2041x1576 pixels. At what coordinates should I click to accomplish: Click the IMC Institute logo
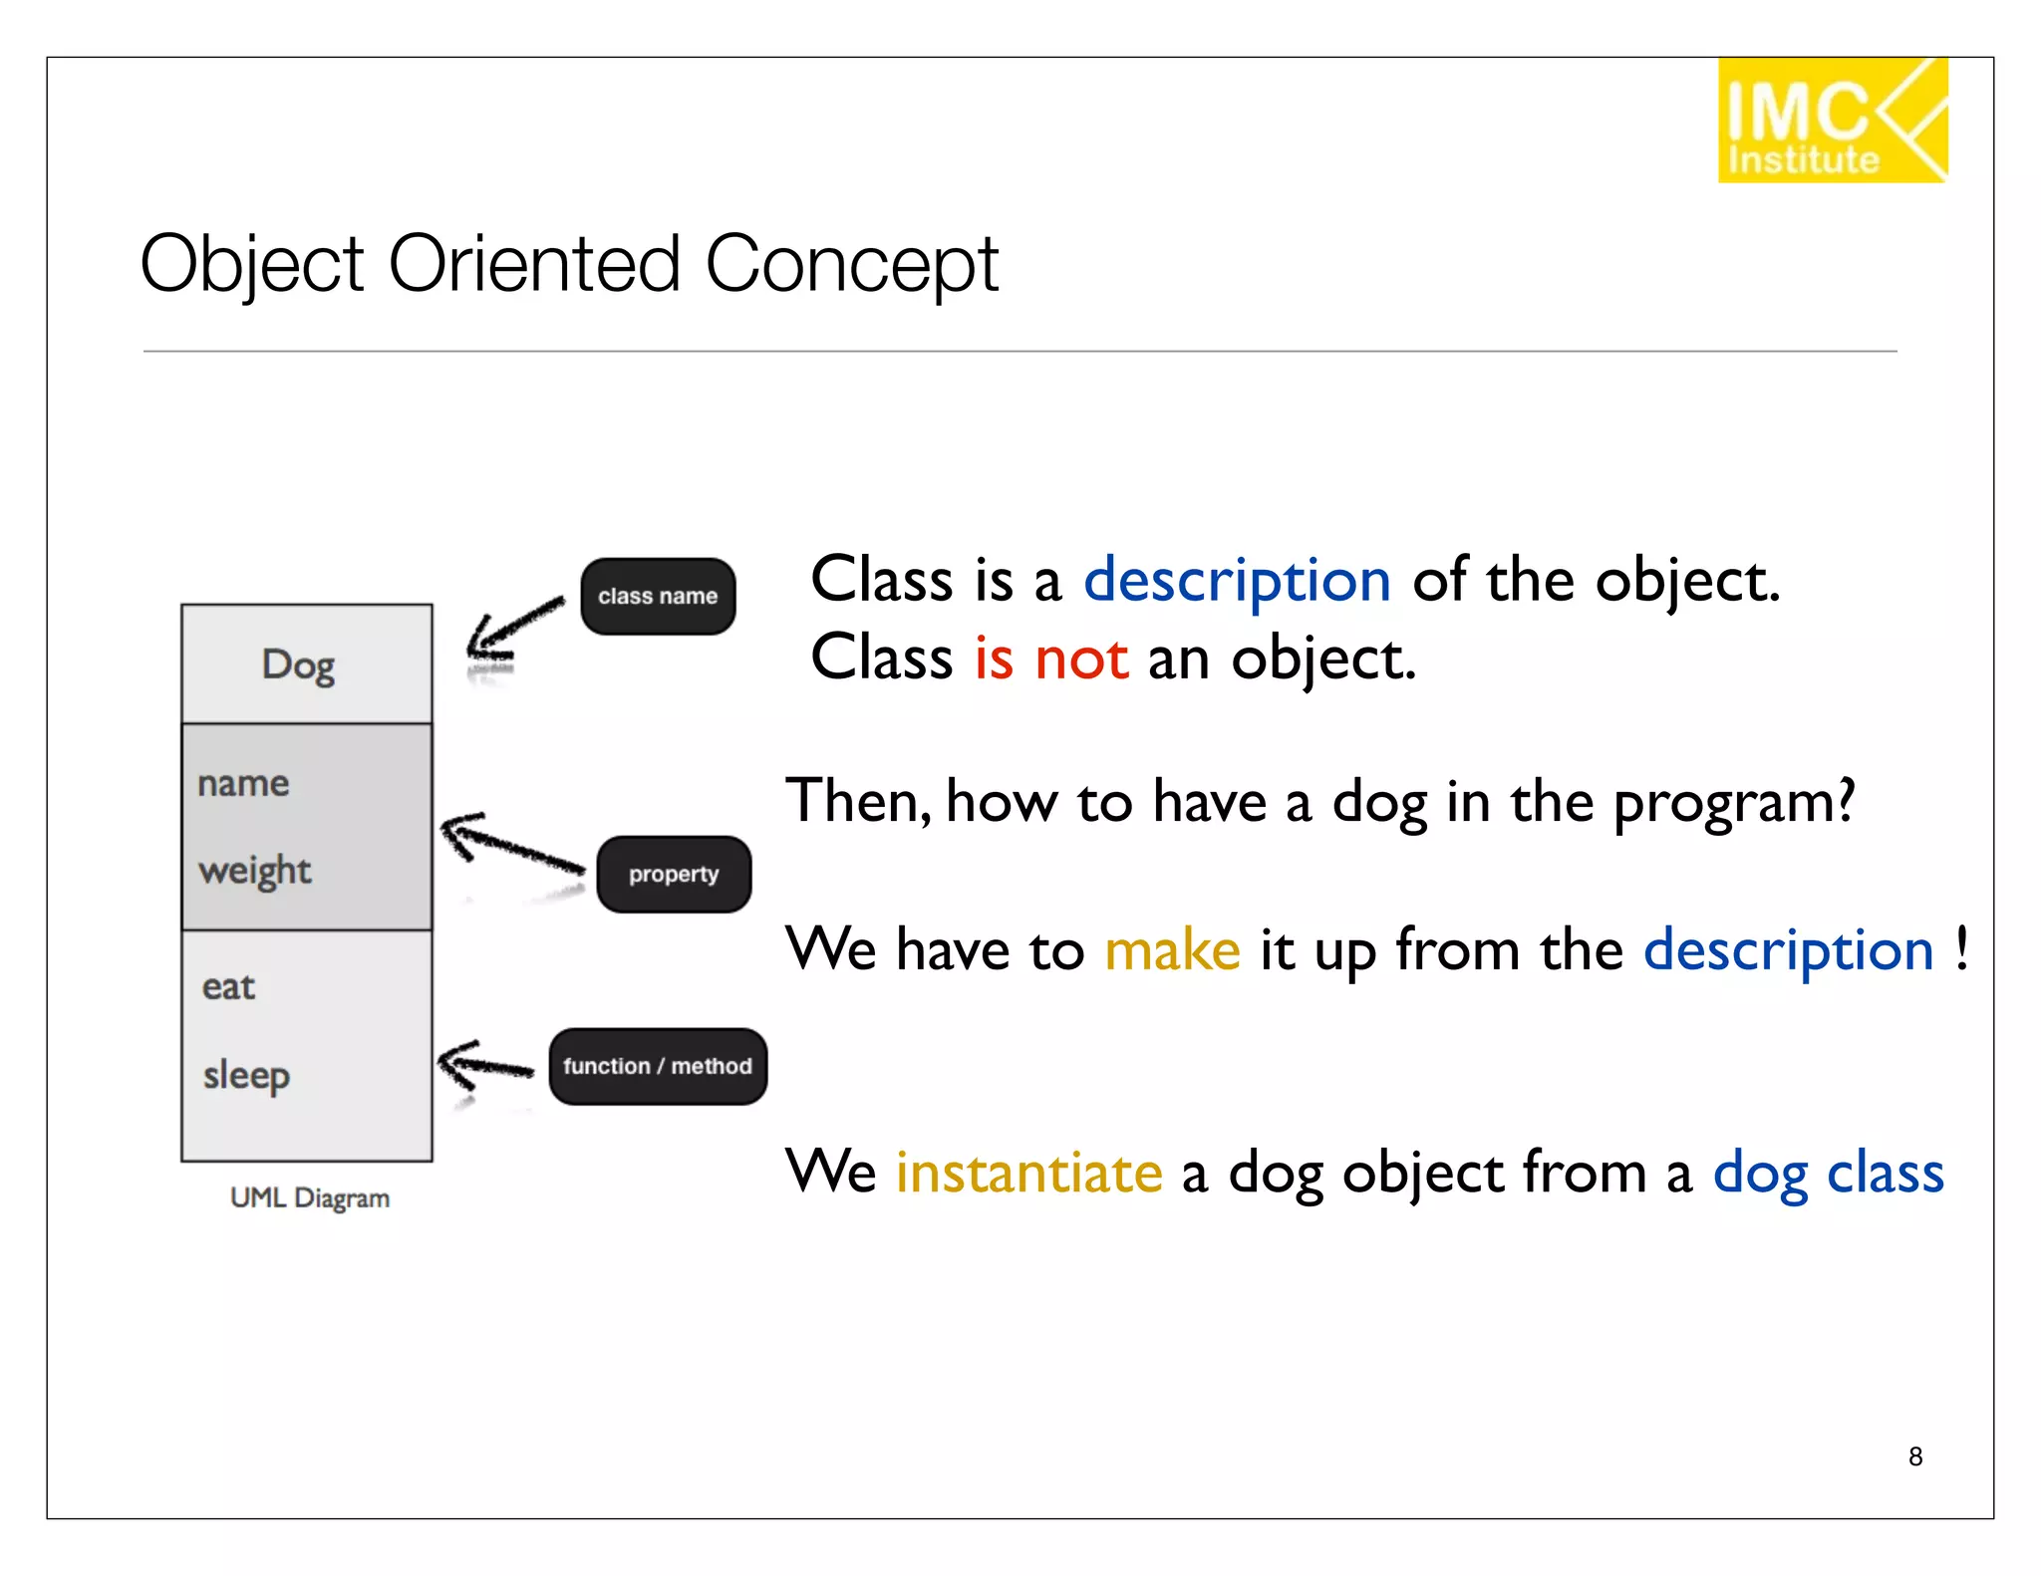point(1831,121)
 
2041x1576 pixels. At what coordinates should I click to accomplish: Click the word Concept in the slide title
point(851,264)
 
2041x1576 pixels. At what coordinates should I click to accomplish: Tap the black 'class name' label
point(658,596)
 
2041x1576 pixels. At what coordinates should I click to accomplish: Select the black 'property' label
point(674,874)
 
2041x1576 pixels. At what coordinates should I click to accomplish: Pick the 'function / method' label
point(658,1066)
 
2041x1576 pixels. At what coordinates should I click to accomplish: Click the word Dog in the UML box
point(298,664)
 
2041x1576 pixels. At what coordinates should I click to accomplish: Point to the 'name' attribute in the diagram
point(243,783)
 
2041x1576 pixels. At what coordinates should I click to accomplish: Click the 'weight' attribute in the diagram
point(255,871)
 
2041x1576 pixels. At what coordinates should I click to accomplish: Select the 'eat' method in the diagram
point(228,986)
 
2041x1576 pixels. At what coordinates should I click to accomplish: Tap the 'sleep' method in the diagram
point(246,1075)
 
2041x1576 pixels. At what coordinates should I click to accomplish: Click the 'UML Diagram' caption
point(309,1197)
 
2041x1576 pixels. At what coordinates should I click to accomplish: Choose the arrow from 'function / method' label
point(485,1066)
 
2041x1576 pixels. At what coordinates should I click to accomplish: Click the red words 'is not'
point(1051,658)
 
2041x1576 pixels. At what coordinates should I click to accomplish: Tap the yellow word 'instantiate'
point(1028,1172)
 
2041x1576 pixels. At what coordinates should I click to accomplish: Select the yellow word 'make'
point(1172,949)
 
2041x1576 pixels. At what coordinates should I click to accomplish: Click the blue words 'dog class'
point(1828,1172)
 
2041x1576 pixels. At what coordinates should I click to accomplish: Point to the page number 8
point(1914,1456)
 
